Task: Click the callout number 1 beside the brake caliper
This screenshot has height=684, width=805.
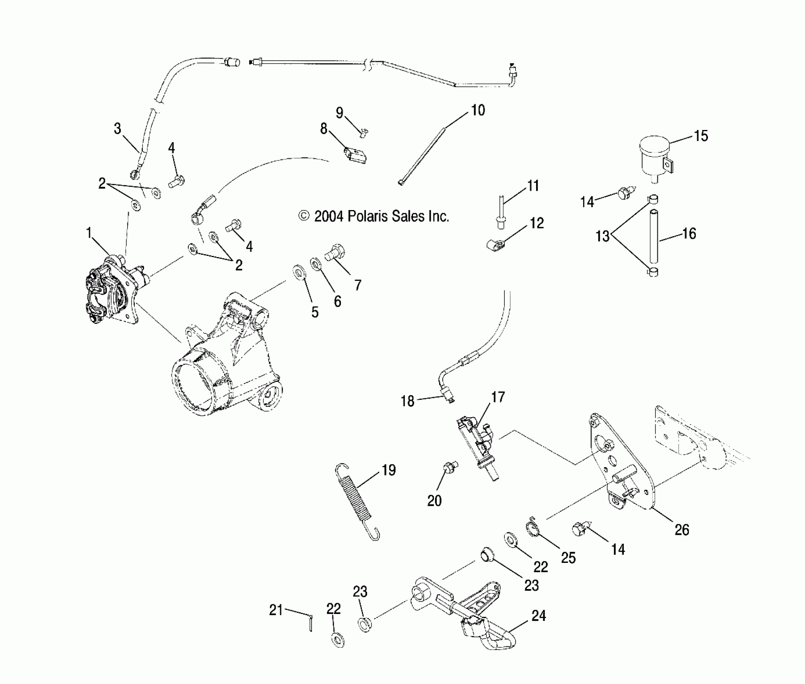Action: click(x=89, y=233)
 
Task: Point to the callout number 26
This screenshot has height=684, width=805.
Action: click(x=682, y=530)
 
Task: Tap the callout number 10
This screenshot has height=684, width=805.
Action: click(x=478, y=110)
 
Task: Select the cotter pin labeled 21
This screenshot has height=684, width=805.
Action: click(x=311, y=623)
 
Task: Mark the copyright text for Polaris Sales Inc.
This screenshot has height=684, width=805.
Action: click(x=374, y=216)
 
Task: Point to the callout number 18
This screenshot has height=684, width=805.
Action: click(x=407, y=401)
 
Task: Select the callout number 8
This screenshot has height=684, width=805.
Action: click(x=324, y=129)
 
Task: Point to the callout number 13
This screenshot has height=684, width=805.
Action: click(x=603, y=236)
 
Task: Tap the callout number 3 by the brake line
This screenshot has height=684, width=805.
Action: click(x=117, y=129)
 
